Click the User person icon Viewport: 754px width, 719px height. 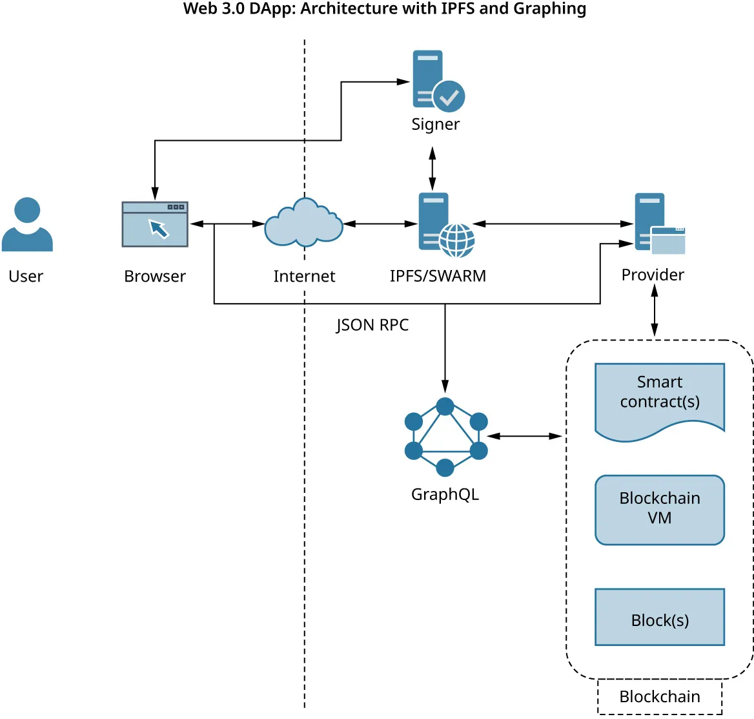(x=27, y=225)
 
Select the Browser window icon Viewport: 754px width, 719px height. (x=155, y=224)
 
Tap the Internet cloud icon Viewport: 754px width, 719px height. (x=303, y=224)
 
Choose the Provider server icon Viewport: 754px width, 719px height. (x=658, y=224)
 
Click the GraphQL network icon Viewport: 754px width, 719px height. (x=445, y=437)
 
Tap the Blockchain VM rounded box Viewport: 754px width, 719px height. (x=659, y=510)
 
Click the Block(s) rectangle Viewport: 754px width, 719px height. (x=659, y=617)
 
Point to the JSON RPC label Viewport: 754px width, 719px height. (x=372, y=325)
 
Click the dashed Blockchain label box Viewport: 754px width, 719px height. (x=659, y=696)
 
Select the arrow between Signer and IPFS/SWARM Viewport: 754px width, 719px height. (x=433, y=168)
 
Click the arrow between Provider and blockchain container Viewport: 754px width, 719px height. (x=655, y=311)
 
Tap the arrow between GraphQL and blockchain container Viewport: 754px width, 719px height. (x=525, y=437)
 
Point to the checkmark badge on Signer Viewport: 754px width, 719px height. (x=449, y=97)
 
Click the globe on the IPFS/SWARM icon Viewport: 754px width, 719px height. (x=456, y=240)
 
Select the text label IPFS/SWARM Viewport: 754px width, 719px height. (x=438, y=276)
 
